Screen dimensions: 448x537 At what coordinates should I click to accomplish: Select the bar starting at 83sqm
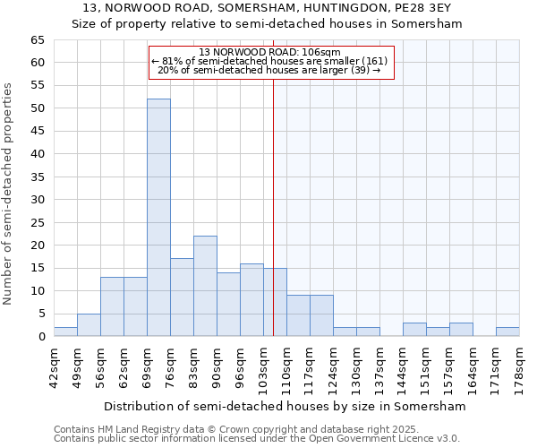205,286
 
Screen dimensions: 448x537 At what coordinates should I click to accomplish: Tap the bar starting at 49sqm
89,324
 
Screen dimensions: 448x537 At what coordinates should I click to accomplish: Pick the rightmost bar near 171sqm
507,332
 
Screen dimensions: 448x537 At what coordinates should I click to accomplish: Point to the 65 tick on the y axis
37,40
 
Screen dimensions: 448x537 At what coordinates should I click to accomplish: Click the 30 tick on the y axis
37,200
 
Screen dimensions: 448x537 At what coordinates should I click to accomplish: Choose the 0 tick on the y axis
40,337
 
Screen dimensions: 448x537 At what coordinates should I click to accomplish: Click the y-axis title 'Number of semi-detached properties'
9,194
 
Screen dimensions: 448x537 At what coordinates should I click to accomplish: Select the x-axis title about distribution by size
285,406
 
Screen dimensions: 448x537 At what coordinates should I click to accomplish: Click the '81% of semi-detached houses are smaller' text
269,61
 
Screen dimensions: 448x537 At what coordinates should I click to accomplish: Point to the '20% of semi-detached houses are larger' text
269,70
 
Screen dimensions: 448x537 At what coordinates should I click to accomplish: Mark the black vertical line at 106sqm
273,206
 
